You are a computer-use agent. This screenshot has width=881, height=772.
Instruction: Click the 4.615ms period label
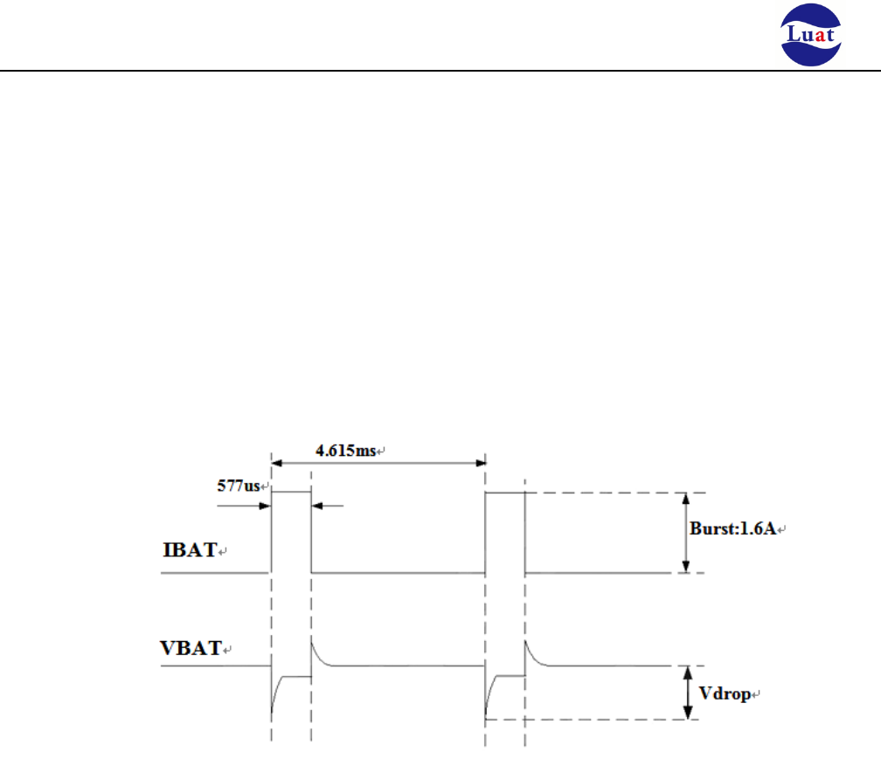coord(344,451)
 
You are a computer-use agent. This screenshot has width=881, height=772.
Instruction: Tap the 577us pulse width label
coord(239,487)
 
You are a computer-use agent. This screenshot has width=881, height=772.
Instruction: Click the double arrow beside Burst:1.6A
coord(686,533)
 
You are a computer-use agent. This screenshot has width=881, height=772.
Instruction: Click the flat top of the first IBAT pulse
coord(291,492)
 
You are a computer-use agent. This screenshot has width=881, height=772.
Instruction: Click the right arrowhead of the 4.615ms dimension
coord(480,463)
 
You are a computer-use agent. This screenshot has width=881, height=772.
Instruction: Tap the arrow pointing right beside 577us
coord(262,504)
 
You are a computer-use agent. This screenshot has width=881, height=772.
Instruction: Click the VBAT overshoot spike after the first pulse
coord(314,647)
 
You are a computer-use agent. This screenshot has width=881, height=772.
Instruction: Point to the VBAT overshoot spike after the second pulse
coord(528,647)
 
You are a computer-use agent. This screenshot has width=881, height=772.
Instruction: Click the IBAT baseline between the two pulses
coord(398,573)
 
